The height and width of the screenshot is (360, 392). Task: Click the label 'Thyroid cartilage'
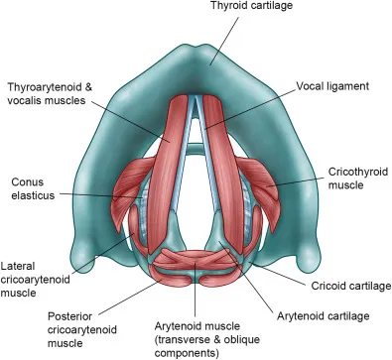[253, 7]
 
